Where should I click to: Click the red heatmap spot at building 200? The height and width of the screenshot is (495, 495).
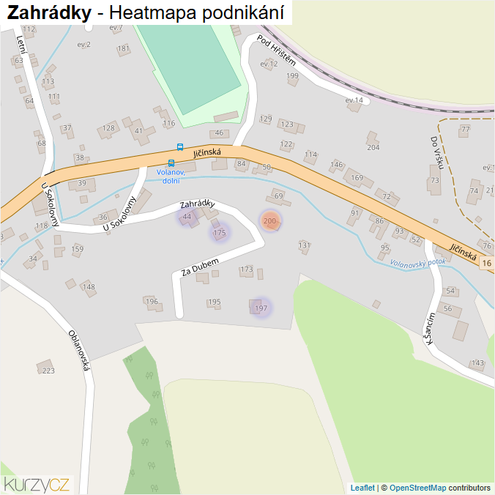pyautogui.click(x=270, y=220)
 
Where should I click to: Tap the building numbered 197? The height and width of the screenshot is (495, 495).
pyautogui.click(x=261, y=308)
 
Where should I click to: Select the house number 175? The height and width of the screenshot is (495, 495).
pyautogui.click(x=218, y=233)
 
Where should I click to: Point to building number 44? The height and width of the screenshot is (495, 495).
pyautogui.click(x=187, y=217)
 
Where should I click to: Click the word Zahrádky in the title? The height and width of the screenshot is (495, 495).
pyautogui.click(x=50, y=12)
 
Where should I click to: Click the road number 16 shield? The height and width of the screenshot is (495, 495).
pyautogui.click(x=488, y=262)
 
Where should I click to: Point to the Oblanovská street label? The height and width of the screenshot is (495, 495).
pyautogui.click(x=78, y=350)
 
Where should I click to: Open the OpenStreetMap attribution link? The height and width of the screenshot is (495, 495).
pyautogui.click(x=417, y=488)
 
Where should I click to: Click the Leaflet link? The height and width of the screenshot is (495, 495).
pyautogui.click(x=362, y=488)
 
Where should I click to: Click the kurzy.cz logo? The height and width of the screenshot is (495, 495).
pyautogui.click(x=37, y=484)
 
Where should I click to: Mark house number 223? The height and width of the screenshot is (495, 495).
pyautogui.click(x=48, y=371)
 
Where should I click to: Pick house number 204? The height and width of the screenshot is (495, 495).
pyautogui.click(x=373, y=147)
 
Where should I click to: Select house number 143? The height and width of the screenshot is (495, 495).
pyautogui.click(x=478, y=363)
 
